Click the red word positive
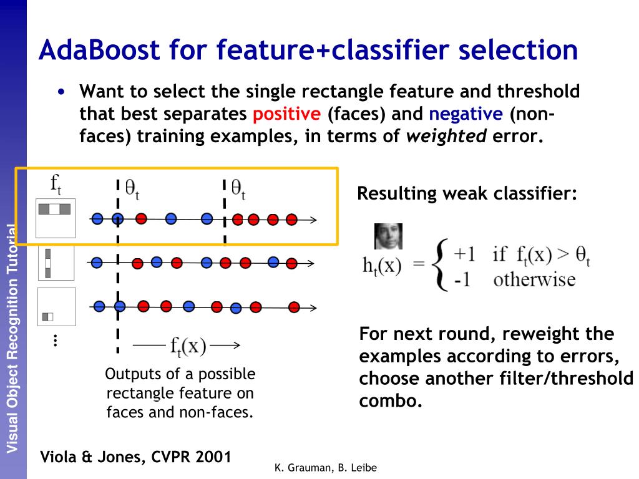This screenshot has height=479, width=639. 287,114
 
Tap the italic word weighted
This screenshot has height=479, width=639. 446,137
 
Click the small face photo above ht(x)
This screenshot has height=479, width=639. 388,236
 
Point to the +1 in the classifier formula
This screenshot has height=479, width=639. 465,254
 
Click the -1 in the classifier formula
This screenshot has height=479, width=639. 462,279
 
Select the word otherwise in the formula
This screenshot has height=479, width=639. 534,279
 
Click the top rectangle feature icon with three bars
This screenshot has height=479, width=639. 55,210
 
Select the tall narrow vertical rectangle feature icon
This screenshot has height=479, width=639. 47,263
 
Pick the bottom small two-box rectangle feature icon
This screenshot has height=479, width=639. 48,316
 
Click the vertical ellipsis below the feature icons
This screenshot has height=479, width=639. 55,341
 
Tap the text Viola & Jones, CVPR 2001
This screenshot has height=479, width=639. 135,457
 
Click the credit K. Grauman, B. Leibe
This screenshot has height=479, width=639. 326,468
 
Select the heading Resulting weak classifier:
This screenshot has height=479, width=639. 467,193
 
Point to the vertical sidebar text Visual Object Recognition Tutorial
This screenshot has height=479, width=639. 12,337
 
